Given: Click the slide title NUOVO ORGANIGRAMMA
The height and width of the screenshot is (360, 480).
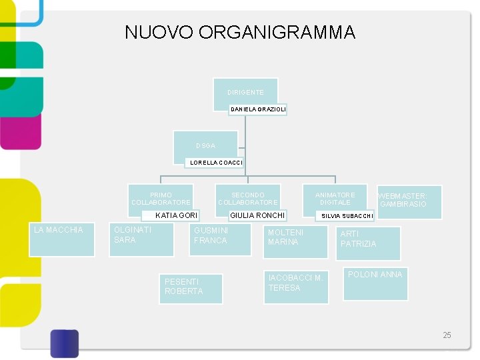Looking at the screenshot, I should point(240,32).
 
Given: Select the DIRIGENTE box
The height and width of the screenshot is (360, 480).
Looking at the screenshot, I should point(245,93).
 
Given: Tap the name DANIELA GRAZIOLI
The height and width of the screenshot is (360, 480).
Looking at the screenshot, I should point(257,109).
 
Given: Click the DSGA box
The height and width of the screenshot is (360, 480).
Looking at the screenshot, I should point(205,145).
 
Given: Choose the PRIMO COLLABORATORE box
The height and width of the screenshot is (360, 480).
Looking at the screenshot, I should point(161,199).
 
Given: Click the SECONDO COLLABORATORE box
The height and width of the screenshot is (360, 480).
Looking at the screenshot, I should point(248,199).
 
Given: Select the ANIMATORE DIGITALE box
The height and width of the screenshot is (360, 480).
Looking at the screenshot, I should point(335,198).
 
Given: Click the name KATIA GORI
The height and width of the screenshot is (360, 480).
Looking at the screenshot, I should point(175,215).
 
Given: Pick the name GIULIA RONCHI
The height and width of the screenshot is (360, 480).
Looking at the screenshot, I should point(257,215).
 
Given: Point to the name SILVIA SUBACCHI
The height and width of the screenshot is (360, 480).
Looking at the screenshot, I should point(347,216).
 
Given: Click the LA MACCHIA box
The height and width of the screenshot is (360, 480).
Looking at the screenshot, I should point(64,239).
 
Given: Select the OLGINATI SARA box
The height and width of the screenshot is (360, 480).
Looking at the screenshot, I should point(142,239).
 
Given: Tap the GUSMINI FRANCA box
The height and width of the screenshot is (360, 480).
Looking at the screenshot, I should point(220,239).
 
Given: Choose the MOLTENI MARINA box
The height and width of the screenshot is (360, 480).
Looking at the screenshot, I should point(296,241).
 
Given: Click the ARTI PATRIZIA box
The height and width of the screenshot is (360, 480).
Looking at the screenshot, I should point(368,243).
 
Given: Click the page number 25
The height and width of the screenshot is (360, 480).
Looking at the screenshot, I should point(447,335).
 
